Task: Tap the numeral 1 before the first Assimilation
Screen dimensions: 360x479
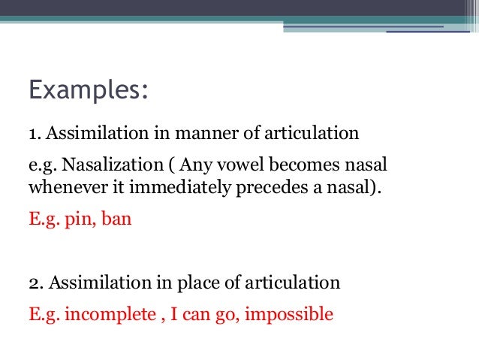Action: pos(33,135)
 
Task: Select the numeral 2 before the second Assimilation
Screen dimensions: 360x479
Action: pos(34,283)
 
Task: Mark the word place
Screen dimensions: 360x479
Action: pos(197,283)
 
